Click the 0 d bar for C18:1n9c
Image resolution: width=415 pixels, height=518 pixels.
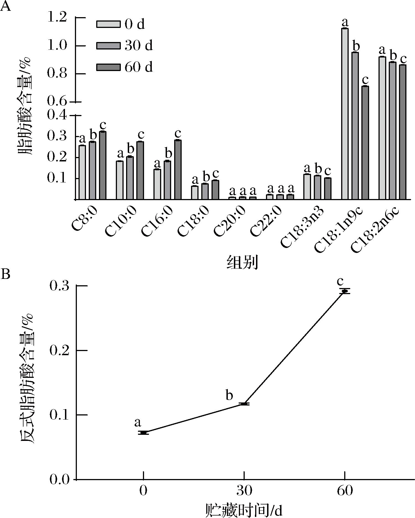click(345, 113)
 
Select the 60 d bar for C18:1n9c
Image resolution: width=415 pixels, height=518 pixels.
click(365, 142)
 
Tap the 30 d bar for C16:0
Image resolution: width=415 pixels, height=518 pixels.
click(167, 180)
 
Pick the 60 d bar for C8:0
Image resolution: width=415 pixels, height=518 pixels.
click(103, 165)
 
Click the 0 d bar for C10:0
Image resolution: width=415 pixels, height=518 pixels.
click(120, 180)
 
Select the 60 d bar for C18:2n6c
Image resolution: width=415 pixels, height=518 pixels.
click(403, 132)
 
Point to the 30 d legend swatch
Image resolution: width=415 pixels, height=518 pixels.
click(108, 46)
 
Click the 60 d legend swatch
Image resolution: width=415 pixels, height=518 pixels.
click(108, 67)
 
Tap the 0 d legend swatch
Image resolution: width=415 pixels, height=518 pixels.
click(108, 24)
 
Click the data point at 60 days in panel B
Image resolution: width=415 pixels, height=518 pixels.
click(345, 291)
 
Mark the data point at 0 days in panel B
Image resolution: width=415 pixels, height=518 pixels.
click(143, 433)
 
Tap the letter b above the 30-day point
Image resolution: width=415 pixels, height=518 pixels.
click(229, 396)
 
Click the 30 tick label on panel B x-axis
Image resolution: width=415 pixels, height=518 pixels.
click(244, 491)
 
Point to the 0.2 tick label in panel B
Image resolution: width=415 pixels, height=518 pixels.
click(59, 350)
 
